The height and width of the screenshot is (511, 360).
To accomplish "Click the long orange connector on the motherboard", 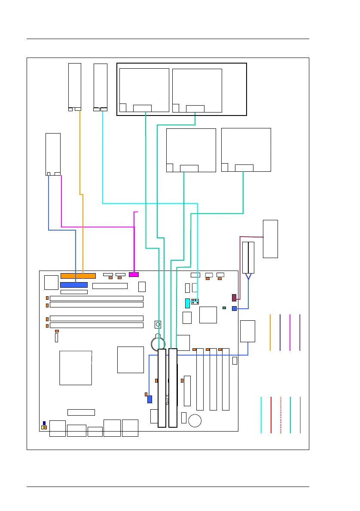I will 78,276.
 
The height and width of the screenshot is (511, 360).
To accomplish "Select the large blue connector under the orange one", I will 74,285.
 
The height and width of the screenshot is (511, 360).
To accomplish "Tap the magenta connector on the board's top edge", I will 134,274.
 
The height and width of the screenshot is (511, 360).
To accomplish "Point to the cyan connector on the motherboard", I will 187,303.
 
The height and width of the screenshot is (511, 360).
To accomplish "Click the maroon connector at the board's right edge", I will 234,298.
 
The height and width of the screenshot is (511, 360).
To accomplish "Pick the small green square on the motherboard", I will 224,308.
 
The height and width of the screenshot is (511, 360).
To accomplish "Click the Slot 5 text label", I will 168,400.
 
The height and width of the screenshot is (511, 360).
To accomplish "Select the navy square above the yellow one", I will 44,423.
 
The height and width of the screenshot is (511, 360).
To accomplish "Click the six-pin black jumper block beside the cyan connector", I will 195,301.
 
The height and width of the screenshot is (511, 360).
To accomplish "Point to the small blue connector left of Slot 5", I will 149,399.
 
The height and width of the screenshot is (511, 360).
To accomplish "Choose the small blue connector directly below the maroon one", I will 234,308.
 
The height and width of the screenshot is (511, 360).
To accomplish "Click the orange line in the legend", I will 270,332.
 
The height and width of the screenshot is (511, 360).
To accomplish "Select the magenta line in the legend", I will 290,332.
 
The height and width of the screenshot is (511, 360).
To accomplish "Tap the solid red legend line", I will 271,415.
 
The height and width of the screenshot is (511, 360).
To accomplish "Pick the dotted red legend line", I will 281,415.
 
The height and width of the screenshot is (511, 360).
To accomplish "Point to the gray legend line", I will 300,415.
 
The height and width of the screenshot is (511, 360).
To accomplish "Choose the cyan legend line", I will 261,415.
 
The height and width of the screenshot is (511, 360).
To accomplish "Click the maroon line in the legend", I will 300,332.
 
